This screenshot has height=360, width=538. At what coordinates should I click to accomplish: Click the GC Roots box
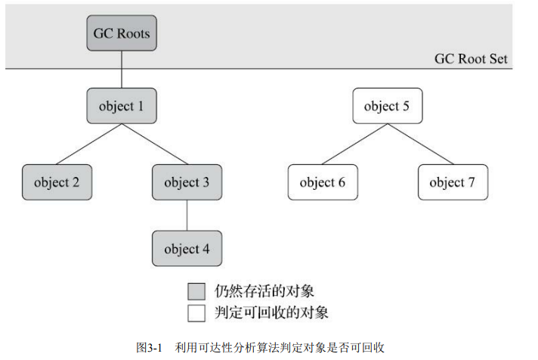(x=122, y=34)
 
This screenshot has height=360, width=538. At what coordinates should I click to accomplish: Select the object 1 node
(x=121, y=106)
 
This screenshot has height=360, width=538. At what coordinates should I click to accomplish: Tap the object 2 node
(x=57, y=182)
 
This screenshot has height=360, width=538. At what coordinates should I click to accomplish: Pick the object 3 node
(x=187, y=182)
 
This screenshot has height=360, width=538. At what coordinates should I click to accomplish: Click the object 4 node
(x=187, y=249)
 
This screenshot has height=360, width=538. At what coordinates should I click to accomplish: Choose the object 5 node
(x=387, y=106)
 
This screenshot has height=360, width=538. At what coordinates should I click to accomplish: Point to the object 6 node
(x=322, y=182)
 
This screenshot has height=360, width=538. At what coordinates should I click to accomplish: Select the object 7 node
(x=452, y=182)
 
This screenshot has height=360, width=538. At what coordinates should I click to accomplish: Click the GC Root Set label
(x=471, y=59)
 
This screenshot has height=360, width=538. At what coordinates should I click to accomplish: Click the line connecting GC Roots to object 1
(x=122, y=70)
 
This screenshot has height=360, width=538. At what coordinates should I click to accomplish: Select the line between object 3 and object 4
(x=187, y=216)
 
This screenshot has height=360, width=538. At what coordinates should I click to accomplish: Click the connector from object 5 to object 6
(x=354, y=144)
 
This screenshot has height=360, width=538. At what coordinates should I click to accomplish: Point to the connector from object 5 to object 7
(x=419, y=144)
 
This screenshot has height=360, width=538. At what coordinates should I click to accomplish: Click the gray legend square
(x=197, y=290)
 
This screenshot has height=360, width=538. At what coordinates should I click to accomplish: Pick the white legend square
(x=197, y=311)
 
